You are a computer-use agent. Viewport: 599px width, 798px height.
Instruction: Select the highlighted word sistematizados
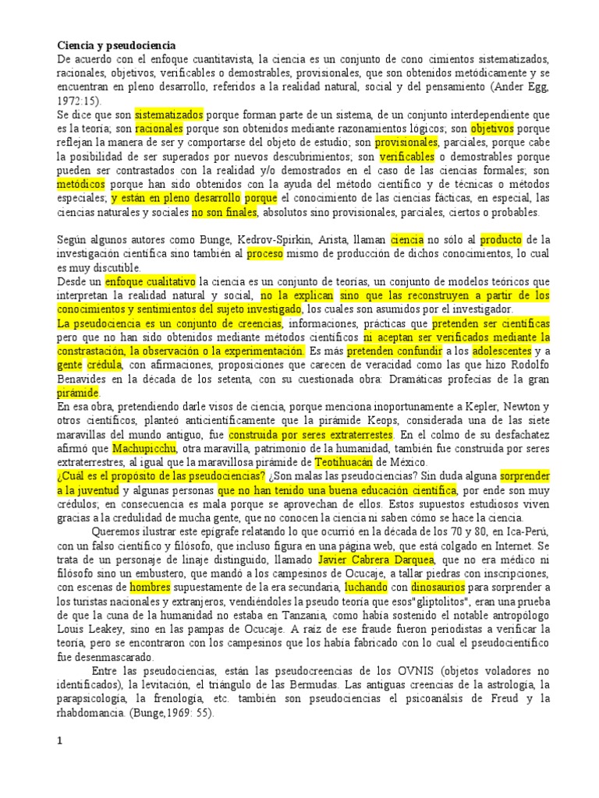(x=169, y=115)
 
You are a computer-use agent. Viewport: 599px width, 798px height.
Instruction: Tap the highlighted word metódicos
(x=81, y=185)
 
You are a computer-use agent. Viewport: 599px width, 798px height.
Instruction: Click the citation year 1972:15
(x=78, y=101)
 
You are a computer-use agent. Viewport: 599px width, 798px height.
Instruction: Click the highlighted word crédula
(x=105, y=365)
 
